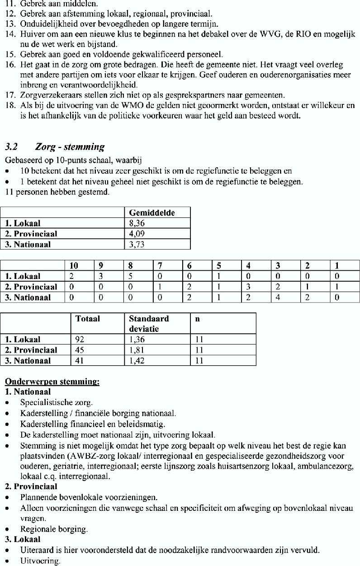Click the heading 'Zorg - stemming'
[x=70, y=147]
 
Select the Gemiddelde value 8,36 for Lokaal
[x=136, y=223]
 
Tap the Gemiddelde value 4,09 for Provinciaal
[x=136, y=234]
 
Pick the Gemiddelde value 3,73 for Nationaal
[x=136, y=245]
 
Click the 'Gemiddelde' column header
[x=152, y=212]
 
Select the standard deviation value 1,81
[x=137, y=350]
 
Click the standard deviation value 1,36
[x=137, y=340]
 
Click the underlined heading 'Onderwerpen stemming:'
[x=52, y=382]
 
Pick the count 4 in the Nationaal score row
[x=279, y=297]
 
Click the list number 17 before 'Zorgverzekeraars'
[x=10, y=95]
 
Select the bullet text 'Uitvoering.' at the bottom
[x=40, y=561]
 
